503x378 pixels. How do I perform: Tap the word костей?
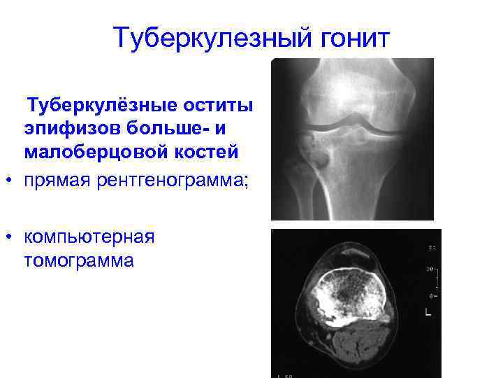coord(212,152)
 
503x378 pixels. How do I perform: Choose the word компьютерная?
coord(89,237)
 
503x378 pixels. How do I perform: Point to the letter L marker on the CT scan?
coord(428,314)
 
